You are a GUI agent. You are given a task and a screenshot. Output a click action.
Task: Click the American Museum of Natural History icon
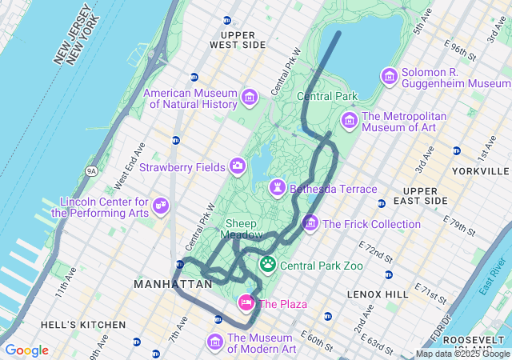(250, 98)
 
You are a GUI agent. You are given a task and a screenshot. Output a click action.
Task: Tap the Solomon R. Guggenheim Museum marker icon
(390, 76)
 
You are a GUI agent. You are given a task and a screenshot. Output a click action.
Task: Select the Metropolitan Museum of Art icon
(349, 120)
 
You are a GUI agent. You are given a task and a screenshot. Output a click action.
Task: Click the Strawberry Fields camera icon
(238, 166)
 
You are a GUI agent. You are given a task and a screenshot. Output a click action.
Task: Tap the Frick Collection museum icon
(310, 223)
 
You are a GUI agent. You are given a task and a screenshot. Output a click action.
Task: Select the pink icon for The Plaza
(246, 303)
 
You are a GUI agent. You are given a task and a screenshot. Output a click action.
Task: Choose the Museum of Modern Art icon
(214, 342)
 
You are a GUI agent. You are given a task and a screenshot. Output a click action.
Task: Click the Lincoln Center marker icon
(162, 206)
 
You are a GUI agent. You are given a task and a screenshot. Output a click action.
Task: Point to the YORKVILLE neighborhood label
(480, 171)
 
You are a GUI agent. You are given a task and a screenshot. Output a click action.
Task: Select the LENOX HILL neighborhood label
(378, 294)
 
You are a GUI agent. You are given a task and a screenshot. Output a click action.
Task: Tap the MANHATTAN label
(173, 284)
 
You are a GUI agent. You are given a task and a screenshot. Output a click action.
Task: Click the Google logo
(26, 350)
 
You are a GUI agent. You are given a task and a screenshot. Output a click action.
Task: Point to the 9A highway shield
(91, 170)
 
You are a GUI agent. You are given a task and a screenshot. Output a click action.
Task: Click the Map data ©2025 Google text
(462, 354)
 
